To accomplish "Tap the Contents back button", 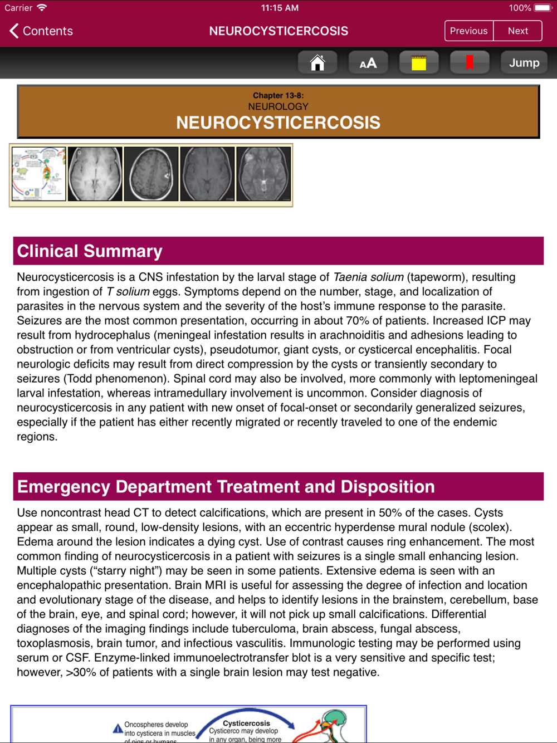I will [41, 31].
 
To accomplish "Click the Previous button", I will [468, 31].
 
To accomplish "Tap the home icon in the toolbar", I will [317, 62].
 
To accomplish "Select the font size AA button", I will [368, 62].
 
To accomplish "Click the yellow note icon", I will [418, 62].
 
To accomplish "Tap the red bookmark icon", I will [469, 62].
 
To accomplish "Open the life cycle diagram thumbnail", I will [38, 174].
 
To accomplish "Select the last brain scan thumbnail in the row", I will [263, 174].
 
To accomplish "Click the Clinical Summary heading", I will [90, 251].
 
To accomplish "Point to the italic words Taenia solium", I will [368, 277].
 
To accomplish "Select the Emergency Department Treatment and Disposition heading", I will [226, 487].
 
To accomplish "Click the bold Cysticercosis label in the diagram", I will [246, 723].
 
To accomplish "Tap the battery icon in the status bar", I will [543, 8].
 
